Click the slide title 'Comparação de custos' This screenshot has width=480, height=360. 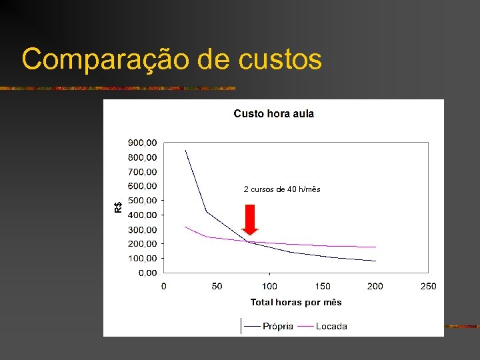point(171,59)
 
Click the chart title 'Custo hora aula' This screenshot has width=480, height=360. point(273,113)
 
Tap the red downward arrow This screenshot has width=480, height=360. point(250,219)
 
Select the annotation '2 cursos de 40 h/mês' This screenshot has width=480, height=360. point(282,189)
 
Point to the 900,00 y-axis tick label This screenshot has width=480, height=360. point(142,142)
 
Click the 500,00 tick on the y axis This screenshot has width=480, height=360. point(142,200)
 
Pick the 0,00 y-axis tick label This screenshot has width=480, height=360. point(147,273)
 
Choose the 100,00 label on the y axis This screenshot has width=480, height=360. point(142,258)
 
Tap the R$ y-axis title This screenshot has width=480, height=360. point(118,207)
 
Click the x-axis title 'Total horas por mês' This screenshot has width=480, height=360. point(296,302)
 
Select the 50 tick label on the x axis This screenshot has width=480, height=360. point(217,286)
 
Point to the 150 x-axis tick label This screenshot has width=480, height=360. point(323,286)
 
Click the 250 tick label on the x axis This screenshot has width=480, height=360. point(428,286)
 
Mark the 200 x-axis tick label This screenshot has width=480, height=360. point(375,286)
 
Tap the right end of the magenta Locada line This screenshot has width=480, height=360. point(375,247)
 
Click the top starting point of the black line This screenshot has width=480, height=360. point(185,150)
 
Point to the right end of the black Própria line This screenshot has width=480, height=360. point(375,261)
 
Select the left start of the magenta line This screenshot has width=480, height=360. point(185,227)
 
